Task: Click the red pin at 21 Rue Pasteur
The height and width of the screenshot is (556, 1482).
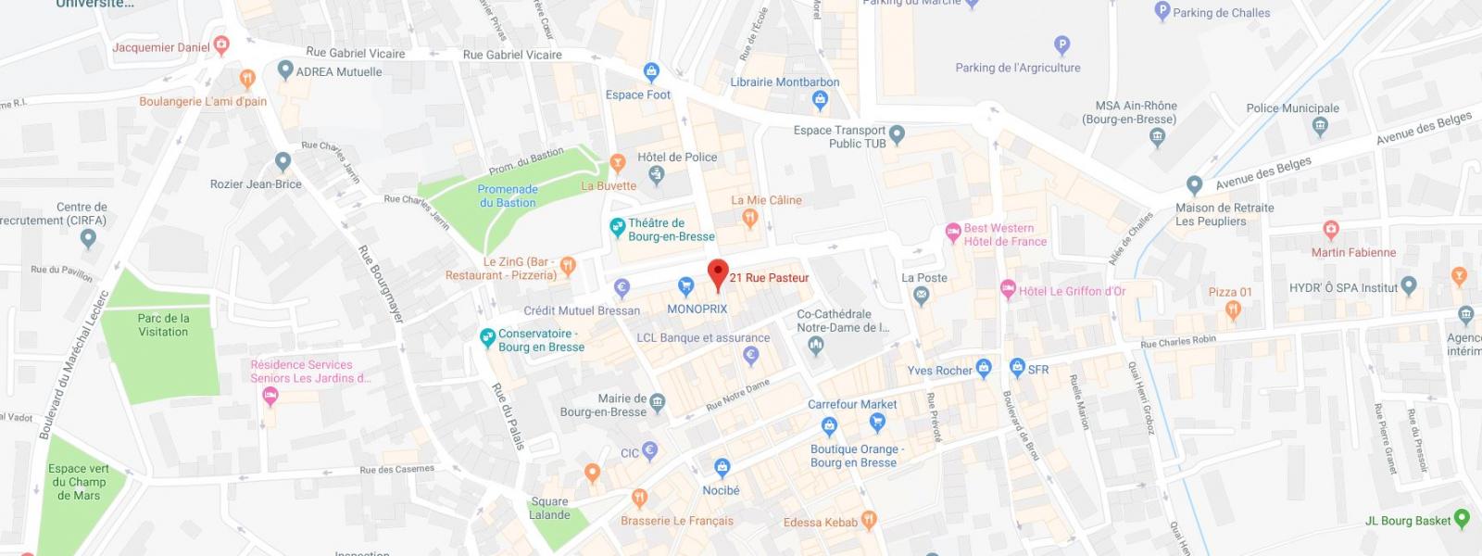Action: [718, 274]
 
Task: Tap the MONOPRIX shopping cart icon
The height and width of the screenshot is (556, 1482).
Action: [686, 286]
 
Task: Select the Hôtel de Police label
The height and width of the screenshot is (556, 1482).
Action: [677, 158]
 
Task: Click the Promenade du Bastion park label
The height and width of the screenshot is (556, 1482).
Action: [508, 196]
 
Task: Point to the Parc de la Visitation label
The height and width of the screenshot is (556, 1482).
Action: [163, 324]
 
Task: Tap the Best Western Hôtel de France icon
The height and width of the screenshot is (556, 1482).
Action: [953, 234]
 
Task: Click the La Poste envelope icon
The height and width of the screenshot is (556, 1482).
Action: [921, 297]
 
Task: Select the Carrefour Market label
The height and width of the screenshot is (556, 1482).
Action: [852, 404]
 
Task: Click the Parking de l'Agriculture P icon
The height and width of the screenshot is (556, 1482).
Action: [1062, 44]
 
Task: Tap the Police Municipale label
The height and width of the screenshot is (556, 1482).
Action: [1292, 108]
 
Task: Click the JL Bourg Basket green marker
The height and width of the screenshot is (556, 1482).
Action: [1463, 519]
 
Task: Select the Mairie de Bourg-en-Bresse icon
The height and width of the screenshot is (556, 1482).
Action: [658, 402]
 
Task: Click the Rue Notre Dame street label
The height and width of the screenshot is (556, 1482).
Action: [738, 395]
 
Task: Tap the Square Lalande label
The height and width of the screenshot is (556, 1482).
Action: [549, 508]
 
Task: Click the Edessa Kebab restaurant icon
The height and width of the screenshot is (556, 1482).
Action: [869, 520]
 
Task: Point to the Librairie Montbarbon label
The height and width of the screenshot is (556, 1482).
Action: [785, 82]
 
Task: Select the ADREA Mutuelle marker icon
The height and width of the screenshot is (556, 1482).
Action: [285, 70]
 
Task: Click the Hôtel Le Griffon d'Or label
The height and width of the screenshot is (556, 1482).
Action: [1072, 291]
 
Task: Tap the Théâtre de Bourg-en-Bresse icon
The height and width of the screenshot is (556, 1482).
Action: [617, 227]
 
